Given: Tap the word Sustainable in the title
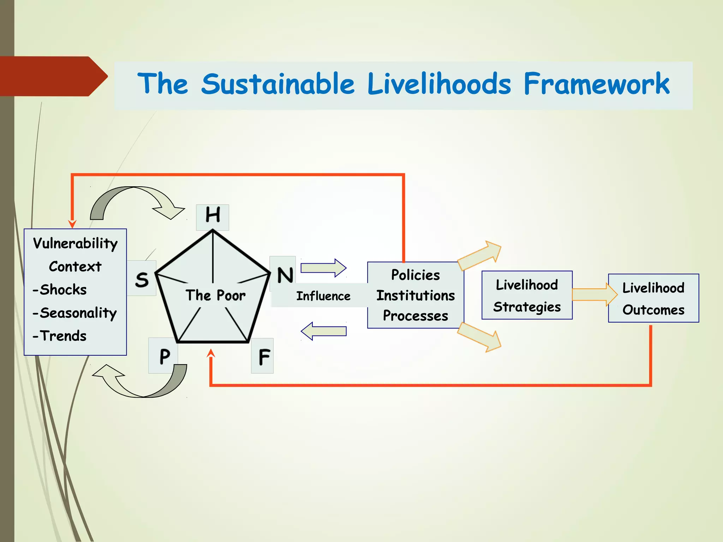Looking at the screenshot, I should [x=278, y=84].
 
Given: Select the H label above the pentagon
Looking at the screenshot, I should [x=213, y=215].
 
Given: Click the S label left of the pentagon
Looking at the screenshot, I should [x=142, y=279].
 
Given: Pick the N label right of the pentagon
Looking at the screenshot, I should [x=285, y=275].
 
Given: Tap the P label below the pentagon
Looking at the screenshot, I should [x=164, y=356].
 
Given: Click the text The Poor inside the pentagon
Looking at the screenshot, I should [x=215, y=295].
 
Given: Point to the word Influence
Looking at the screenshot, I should [x=323, y=296].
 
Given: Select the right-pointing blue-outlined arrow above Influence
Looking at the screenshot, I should [x=323, y=268].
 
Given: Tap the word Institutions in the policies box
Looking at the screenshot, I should [x=416, y=295].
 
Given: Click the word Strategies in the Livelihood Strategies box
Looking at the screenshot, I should [x=527, y=307].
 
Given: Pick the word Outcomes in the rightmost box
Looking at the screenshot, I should [x=653, y=310].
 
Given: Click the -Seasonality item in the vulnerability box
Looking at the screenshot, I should [x=74, y=313].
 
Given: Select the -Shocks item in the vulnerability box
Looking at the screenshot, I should [x=60, y=290].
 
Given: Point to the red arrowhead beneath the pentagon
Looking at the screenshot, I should [x=211, y=353].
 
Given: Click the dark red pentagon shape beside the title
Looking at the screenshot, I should [x=53, y=76].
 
